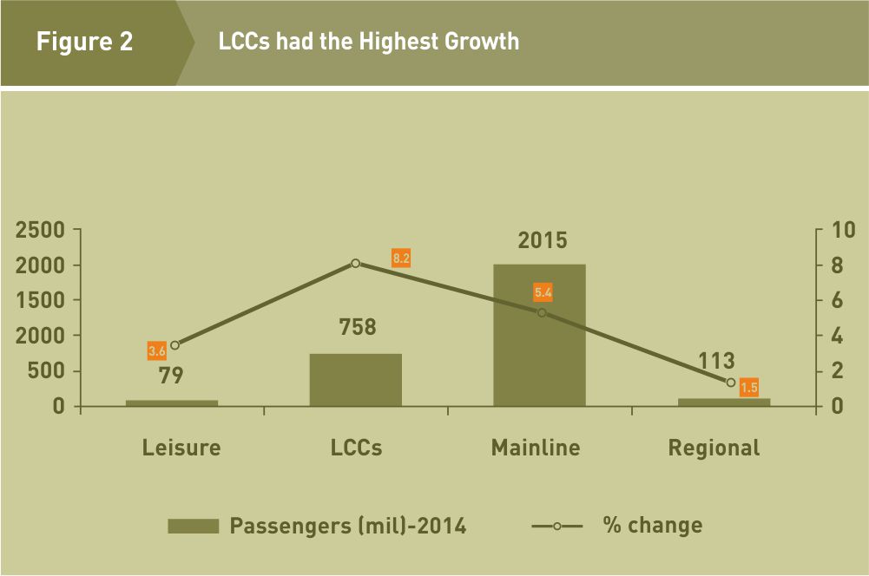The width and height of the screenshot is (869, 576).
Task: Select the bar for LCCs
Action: [x=355, y=380]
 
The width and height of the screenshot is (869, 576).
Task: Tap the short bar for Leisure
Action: [x=172, y=403]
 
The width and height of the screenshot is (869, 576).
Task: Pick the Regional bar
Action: [x=723, y=402]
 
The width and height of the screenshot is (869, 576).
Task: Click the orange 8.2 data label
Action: [x=400, y=258]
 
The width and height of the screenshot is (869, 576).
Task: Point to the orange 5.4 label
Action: [x=543, y=292]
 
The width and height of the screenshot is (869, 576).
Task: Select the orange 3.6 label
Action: [x=157, y=350]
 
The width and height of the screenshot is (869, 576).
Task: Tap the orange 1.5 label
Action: [x=748, y=388]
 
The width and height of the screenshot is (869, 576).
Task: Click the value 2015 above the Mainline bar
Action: [x=543, y=240]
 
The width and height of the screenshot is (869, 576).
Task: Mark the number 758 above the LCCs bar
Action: [x=358, y=327]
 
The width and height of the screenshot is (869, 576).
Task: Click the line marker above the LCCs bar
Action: [x=355, y=263]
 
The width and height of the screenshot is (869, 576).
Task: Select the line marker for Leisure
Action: [x=174, y=344]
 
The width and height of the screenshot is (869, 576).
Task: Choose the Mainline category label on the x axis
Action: [x=536, y=448]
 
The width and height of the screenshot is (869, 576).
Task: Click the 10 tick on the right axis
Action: [x=843, y=230]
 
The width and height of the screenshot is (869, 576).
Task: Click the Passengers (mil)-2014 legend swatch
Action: [x=194, y=526]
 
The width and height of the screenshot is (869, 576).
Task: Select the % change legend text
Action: [x=652, y=525]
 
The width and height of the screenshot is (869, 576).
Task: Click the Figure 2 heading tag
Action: [x=85, y=42]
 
